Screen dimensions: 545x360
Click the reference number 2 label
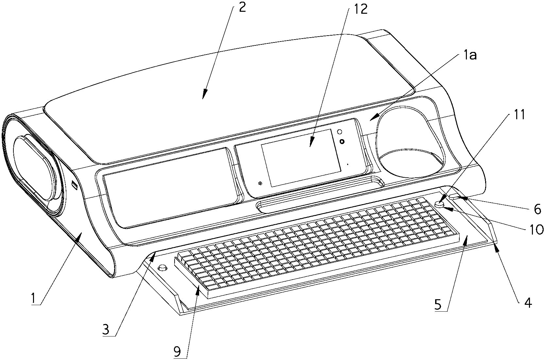[242, 8]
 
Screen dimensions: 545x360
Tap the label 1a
[469, 56]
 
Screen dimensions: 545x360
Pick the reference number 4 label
[528, 303]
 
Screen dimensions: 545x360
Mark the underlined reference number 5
[438, 304]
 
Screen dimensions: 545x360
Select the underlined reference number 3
[106, 330]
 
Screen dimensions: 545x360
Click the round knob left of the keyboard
[163, 268]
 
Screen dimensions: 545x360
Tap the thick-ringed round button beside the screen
[342, 141]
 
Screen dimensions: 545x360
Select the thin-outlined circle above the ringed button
[340, 132]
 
